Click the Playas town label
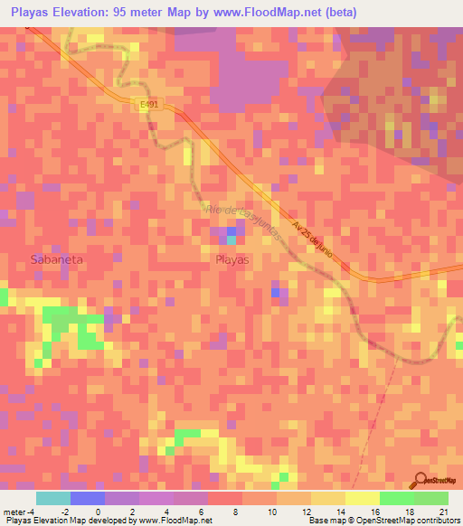coord(232,258)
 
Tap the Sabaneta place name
coord(56,258)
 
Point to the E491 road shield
coord(149,105)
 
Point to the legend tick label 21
coord(442,511)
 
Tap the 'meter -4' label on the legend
coord(20,511)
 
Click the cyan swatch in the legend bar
coord(53,498)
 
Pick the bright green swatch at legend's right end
coord(431,498)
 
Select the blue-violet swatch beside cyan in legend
coord(88,498)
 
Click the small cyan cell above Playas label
coord(231,240)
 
